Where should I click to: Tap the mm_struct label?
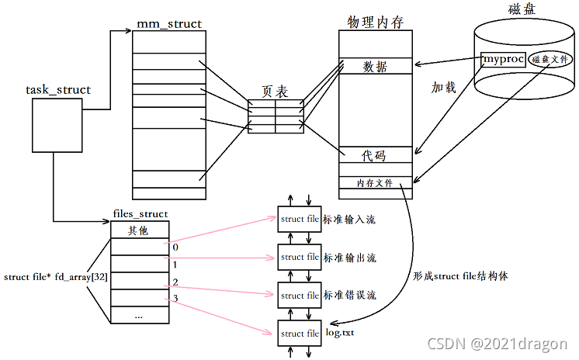pyautogui.click(x=168, y=24)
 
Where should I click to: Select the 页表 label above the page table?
pyautogui.click(x=275, y=92)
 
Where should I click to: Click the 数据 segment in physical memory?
pyautogui.click(x=375, y=67)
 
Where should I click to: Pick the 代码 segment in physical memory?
pyautogui.click(x=375, y=156)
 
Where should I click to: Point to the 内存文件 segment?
pyautogui.click(x=375, y=183)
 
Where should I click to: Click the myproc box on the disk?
pyautogui.click(x=503, y=59)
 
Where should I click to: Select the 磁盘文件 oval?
pyautogui.click(x=548, y=59)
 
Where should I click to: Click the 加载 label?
pyautogui.click(x=443, y=88)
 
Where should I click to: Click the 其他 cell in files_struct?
pyautogui.click(x=139, y=230)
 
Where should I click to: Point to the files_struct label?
pyautogui.click(x=140, y=214)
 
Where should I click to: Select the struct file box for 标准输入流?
pyautogui.click(x=300, y=220)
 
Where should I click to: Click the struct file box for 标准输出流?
pyautogui.click(x=300, y=257)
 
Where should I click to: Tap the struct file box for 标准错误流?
pyautogui.click(x=300, y=295)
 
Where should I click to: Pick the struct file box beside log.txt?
pyautogui.click(x=300, y=333)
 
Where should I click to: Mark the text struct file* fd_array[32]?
pyautogui.click(x=54, y=277)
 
